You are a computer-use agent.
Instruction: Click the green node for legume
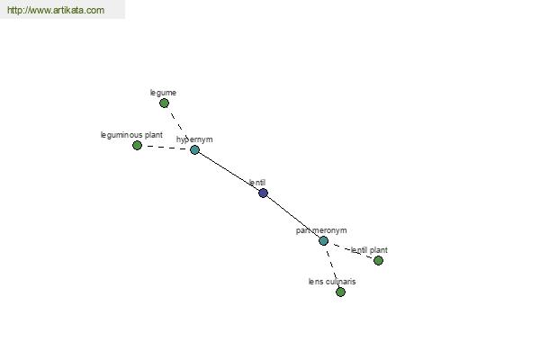point(165,103)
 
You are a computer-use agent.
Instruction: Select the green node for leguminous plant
point(137,146)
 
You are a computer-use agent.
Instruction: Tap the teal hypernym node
point(195,150)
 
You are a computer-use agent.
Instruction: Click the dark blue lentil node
point(263,193)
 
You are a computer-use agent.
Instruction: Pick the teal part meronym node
point(323,241)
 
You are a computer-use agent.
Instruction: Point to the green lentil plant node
point(378,260)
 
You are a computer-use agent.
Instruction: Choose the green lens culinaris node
point(340,292)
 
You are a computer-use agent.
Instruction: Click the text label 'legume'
point(163,93)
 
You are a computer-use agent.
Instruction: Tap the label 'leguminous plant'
point(131,135)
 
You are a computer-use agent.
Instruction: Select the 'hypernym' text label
point(194,139)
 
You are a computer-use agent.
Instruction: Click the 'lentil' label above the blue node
point(257,183)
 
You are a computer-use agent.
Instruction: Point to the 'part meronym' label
point(321,230)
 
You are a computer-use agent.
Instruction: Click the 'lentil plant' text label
point(369,250)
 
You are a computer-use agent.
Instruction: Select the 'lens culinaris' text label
point(332,282)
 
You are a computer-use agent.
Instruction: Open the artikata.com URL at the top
point(56,10)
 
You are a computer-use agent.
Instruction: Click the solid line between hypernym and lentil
point(229,171)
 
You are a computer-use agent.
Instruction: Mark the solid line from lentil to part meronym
point(293,217)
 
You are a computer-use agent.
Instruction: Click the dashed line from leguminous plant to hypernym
point(166,148)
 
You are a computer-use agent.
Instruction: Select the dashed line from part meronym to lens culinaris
point(331,266)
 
